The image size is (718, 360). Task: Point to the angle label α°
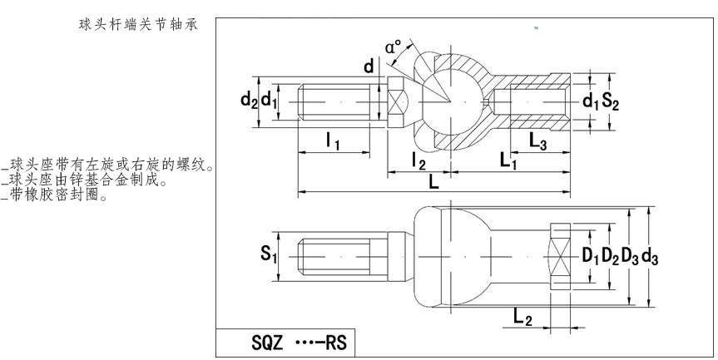[394, 47]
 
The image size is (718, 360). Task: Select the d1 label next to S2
[591, 101]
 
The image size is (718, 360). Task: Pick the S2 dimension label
[611, 101]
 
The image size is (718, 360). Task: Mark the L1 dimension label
[509, 162]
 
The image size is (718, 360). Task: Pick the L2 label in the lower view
[523, 316]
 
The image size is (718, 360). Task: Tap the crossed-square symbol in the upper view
[399, 104]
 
